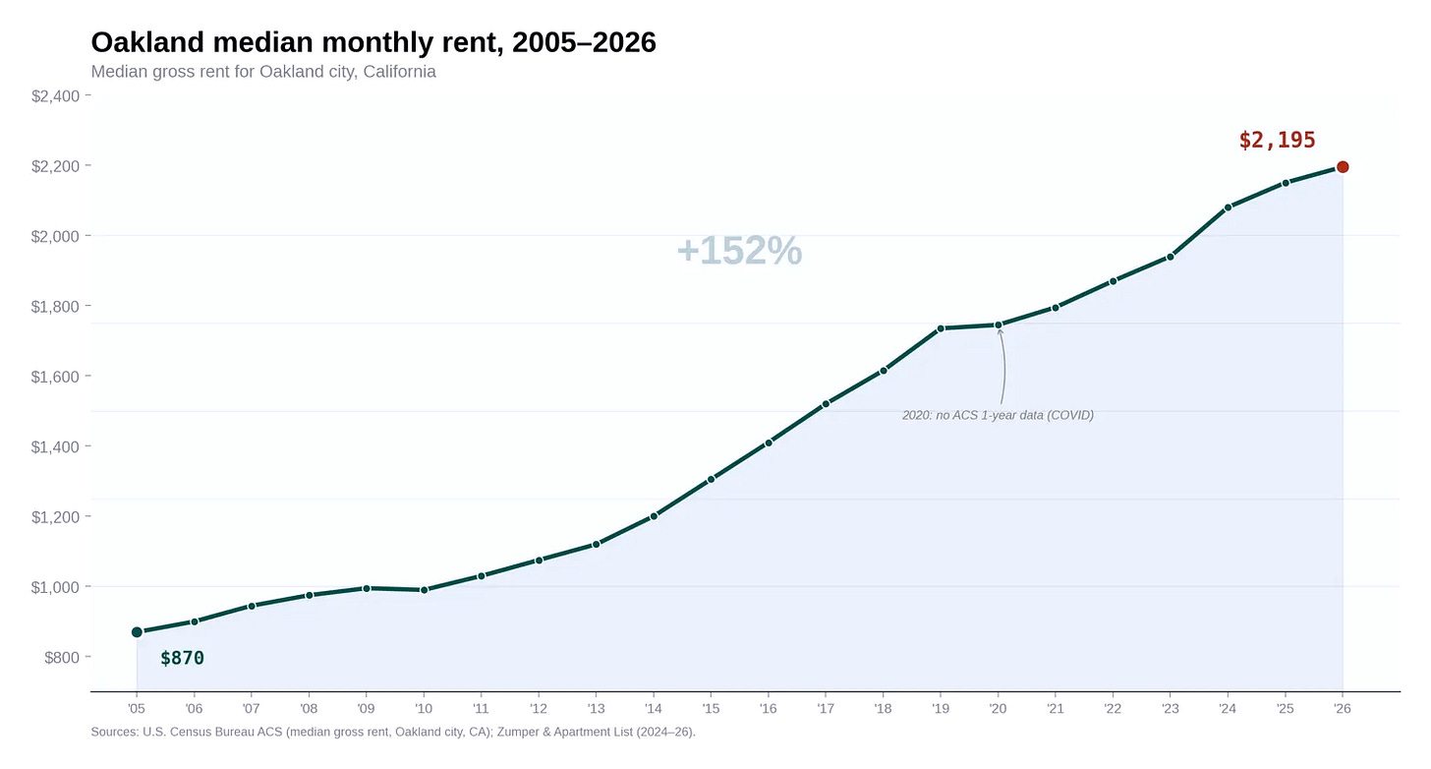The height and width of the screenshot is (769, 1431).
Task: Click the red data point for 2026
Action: click(x=1343, y=167)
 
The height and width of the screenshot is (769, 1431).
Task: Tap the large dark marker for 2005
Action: click(x=137, y=632)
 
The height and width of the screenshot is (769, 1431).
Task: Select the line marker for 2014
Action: click(x=654, y=515)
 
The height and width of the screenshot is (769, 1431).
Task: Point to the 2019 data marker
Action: click(x=941, y=328)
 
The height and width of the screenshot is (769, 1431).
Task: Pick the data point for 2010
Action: click(x=424, y=590)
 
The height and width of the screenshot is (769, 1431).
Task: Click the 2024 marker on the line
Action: click(x=1228, y=207)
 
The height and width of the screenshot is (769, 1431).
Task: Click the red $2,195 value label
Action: click(x=1277, y=141)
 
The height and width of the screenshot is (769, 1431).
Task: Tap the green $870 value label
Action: click(x=182, y=658)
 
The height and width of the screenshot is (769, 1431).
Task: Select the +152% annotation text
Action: click(x=739, y=251)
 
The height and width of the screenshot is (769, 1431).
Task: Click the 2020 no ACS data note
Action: click(x=998, y=415)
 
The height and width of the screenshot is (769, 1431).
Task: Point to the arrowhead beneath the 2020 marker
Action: click(x=1000, y=332)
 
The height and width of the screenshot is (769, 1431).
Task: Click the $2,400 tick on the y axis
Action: click(x=60, y=95)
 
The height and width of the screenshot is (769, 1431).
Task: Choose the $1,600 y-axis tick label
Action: click(x=60, y=377)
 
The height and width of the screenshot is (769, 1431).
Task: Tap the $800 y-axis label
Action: click(x=65, y=657)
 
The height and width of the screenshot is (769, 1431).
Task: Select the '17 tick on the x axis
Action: click(x=826, y=708)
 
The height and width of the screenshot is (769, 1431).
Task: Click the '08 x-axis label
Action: click(x=309, y=708)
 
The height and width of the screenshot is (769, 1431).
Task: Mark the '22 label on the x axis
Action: click(x=1113, y=708)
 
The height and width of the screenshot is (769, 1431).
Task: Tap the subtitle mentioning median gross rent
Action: click(x=262, y=72)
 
